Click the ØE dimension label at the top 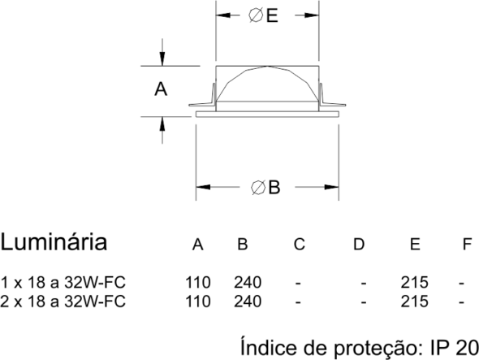[263, 15]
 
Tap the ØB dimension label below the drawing [265, 187]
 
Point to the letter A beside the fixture [161, 89]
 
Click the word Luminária [54, 242]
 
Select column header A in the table [197, 245]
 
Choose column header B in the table [243, 245]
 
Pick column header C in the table [300, 245]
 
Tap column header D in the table [359, 245]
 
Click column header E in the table [415, 245]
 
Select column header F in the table [468, 245]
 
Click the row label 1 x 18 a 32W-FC [63, 282]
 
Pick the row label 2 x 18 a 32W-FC [63, 301]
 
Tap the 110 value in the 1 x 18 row [198, 282]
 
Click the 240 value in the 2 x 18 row [248, 301]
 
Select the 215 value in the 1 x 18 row [415, 282]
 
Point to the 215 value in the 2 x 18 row [415, 301]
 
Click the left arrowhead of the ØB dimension [203, 187]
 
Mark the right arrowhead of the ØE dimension [312, 15]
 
